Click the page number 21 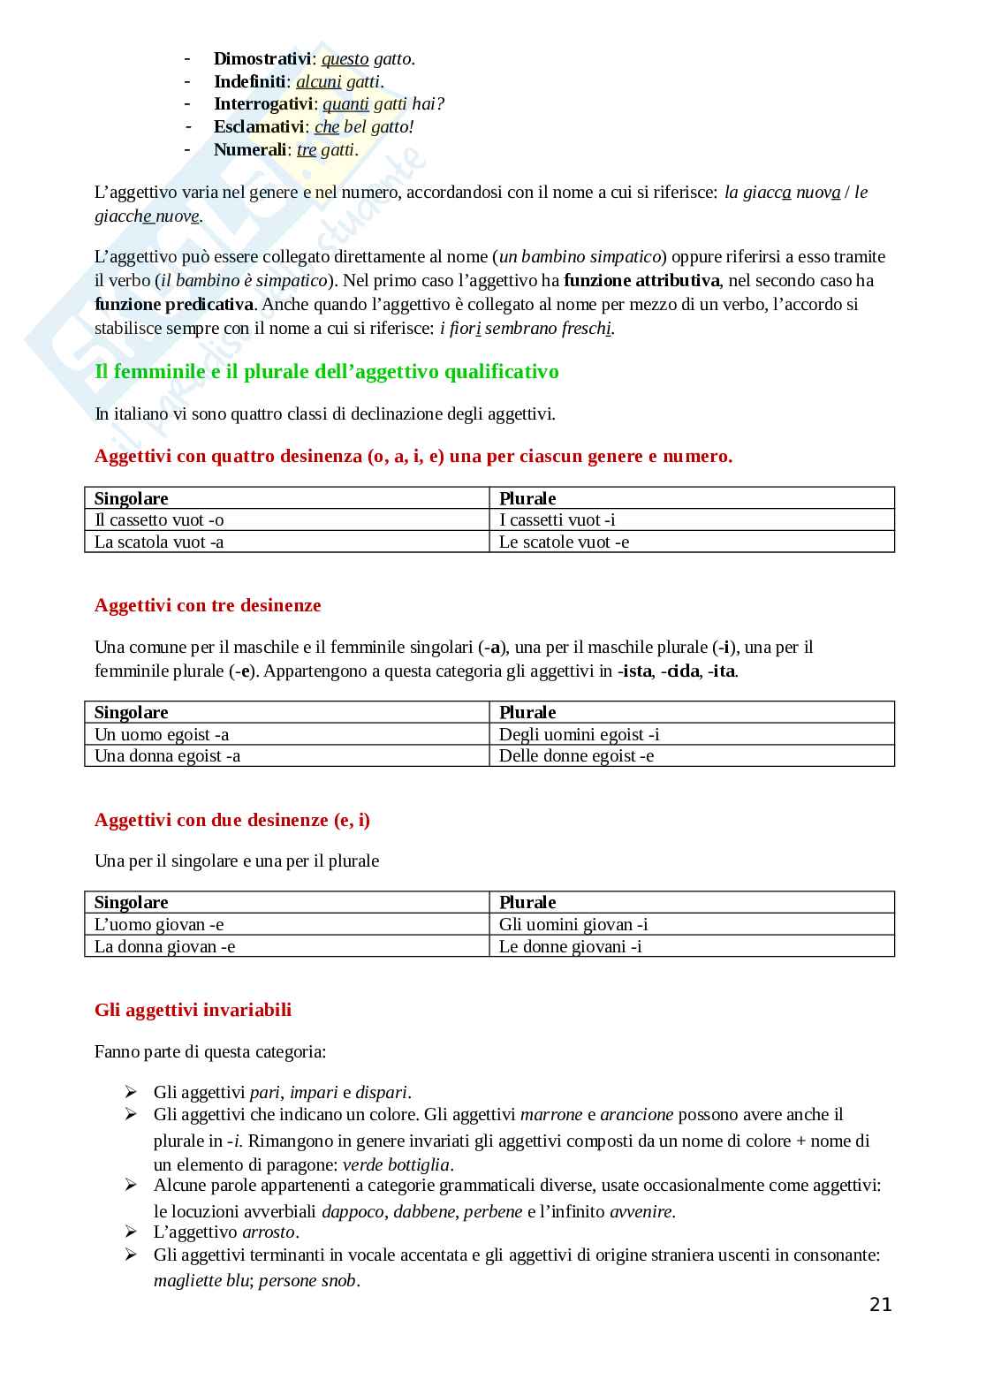click(880, 1305)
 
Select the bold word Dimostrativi click(262, 59)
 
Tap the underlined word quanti click(345, 104)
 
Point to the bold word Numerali click(250, 149)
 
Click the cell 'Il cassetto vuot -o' click(159, 520)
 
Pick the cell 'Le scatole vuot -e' click(564, 542)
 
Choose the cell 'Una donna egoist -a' click(167, 756)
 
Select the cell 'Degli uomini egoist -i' click(579, 735)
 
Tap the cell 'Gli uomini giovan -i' click(573, 925)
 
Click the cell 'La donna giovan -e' click(164, 947)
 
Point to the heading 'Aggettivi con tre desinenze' click(208, 606)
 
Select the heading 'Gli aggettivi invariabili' click(193, 1011)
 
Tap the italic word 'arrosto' click(270, 1232)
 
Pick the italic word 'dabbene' click(425, 1212)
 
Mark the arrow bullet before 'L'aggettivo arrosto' click(131, 1232)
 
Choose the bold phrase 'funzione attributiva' click(641, 281)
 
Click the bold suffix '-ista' click(634, 671)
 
